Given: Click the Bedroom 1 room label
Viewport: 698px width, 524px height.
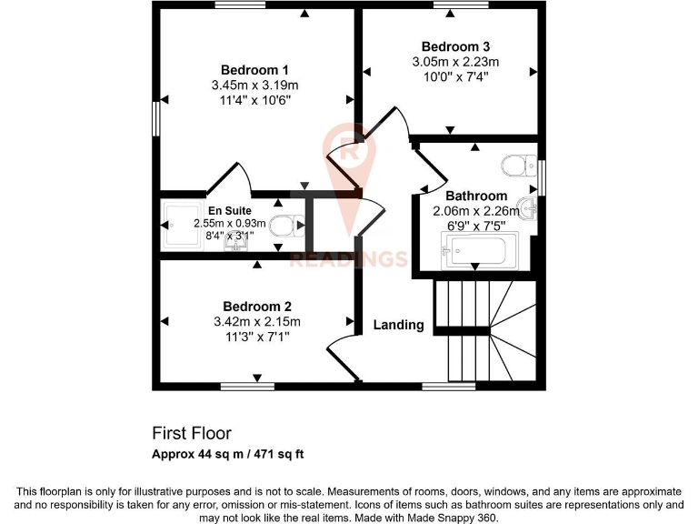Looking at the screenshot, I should pyautogui.click(x=254, y=70).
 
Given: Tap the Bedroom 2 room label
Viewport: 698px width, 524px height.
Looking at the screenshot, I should pyautogui.click(x=256, y=307).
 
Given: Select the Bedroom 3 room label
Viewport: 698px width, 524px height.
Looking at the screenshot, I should pyautogui.click(x=455, y=46).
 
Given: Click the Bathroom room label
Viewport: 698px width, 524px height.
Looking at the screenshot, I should pyautogui.click(x=476, y=196).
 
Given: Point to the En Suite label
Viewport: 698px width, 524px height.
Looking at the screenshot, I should pyautogui.click(x=229, y=210).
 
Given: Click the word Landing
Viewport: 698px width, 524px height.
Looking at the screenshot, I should pyautogui.click(x=398, y=325).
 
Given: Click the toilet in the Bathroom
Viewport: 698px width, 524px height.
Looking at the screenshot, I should pyautogui.click(x=518, y=166).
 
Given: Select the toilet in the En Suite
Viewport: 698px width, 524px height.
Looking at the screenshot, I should pyautogui.click(x=284, y=225).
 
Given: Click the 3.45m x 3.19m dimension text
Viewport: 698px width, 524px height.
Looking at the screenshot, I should pyautogui.click(x=254, y=86).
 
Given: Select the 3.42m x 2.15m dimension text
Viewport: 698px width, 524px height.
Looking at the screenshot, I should pyautogui.click(x=256, y=321).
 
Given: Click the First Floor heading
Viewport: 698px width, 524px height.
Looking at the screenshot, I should pyautogui.click(x=191, y=433).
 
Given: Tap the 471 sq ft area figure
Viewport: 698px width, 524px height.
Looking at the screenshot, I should pyautogui.click(x=284, y=453).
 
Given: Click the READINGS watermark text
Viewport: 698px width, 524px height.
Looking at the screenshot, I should pyautogui.click(x=347, y=259).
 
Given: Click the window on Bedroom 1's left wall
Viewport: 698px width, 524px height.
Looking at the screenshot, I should pyautogui.click(x=156, y=118).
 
